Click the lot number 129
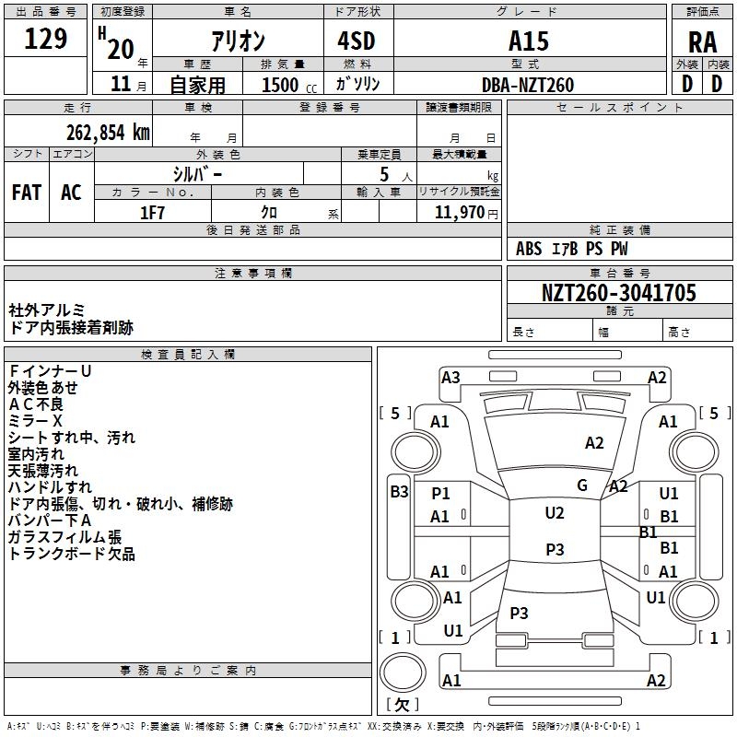pyautogui.click(x=46, y=40)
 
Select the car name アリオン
pyautogui.click(x=237, y=41)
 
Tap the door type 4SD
pyautogui.click(x=357, y=41)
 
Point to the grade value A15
pyautogui.click(x=528, y=41)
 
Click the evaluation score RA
pyautogui.click(x=702, y=42)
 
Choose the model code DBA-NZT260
pyautogui.click(x=528, y=85)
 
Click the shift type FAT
pyautogui.click(x=27, y=193)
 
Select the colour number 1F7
pyautogui.click(x=152, y=213)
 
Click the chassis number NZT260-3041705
pyautogui.click(x=618, y=294)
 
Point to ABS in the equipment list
pyautogui.click(x=529, y=249)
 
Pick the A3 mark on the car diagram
pyautogui.click(x=450, y=377)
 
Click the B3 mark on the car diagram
pyautogui.click(x=399, y=491)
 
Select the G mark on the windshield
pyautogui.click(x=582, y=485)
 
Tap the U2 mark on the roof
pyautogui.click(x=554, y=513)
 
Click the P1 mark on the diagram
pyautogui.click(x=440, y=493)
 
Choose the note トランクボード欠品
pyautogui.click(x=71, y=554)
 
